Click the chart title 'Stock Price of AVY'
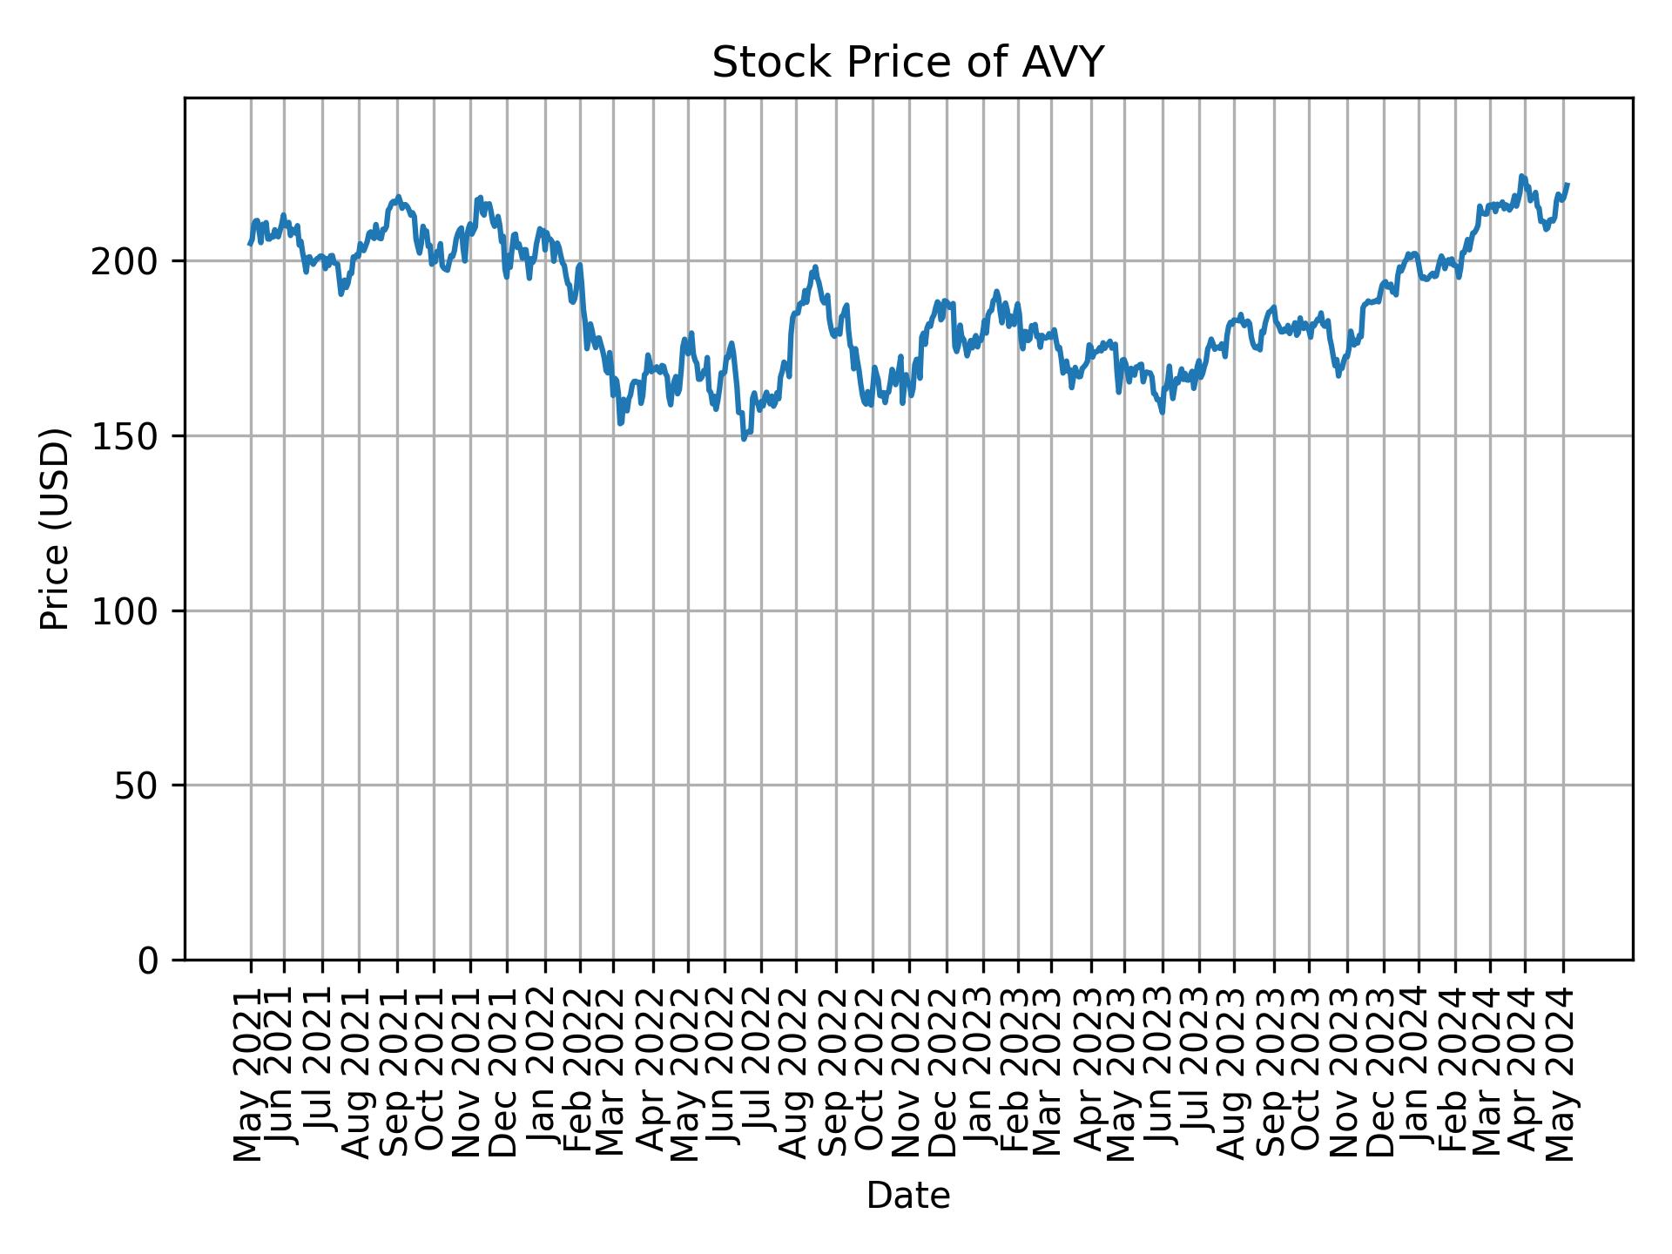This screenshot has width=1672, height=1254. coord(907,63)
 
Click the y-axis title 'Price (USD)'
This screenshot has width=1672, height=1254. coord(55,529)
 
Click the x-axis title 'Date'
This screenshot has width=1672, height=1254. coord(907,1197)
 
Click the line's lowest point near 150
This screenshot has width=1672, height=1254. coord(744,439)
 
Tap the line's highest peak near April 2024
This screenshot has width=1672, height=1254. coord(1521,176)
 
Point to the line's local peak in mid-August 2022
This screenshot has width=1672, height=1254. coord(815,267)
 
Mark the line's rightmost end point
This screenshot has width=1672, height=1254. coord(1567,185)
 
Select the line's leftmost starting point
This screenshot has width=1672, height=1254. coord(250,244)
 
